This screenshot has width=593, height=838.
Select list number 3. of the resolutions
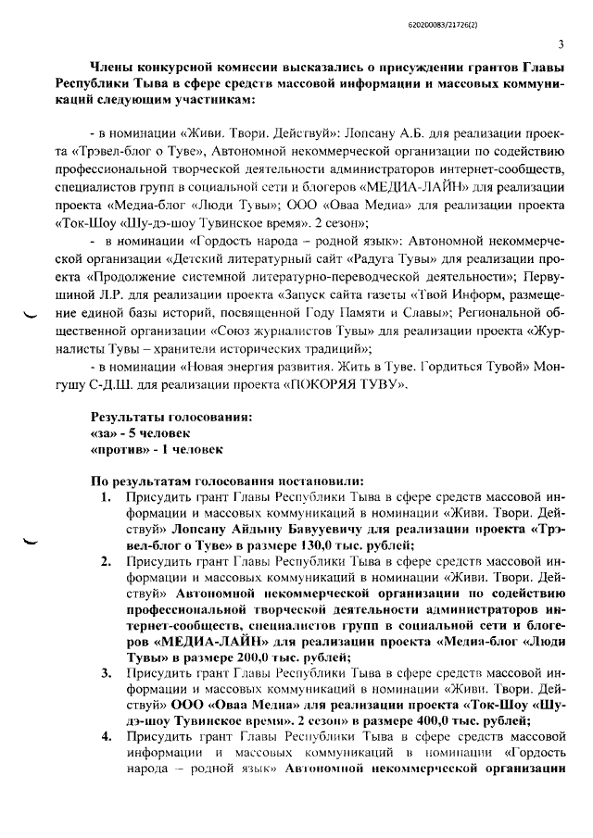[106, 689]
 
